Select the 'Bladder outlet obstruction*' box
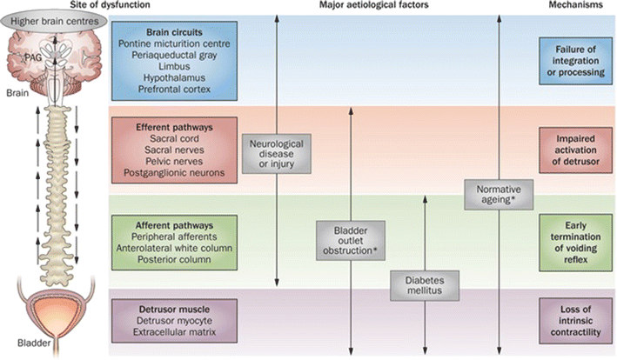click(349, 239)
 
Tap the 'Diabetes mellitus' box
click(424, 286)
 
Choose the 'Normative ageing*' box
click(497, 194)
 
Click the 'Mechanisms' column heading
click(575, 5)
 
